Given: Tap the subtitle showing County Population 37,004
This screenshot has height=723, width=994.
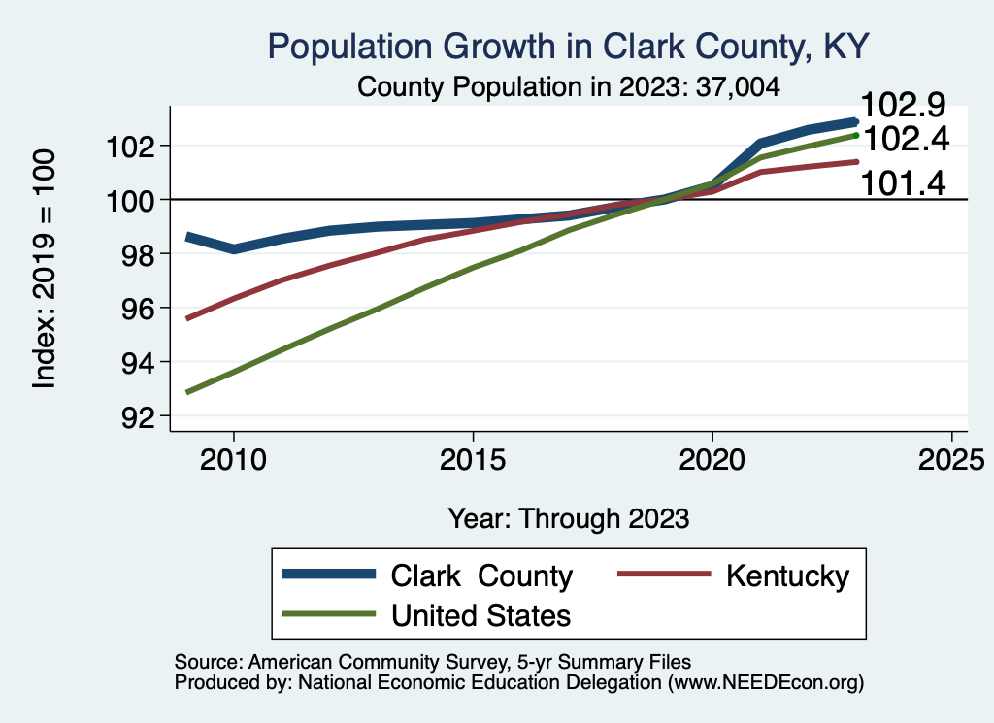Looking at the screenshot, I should (x=569, y=86).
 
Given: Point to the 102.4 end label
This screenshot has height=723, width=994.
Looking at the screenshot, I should (x=905, y=140).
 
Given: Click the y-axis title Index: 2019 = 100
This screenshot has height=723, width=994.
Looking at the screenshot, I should (x=45, y=269).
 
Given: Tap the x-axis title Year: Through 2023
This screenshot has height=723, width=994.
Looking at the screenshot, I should (x=569, y=517).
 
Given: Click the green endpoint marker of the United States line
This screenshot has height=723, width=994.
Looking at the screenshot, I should (x=855, y=135).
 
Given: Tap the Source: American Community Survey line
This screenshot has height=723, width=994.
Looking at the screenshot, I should (x=433, y=662).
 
